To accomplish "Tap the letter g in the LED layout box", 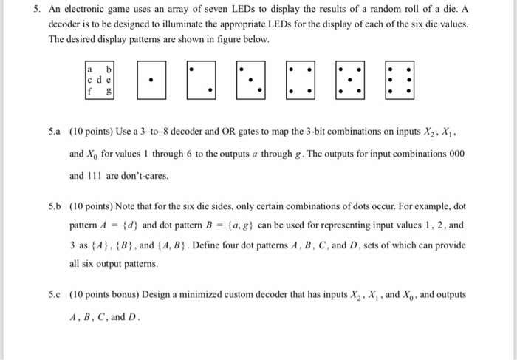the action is click(x=109, y=92).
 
